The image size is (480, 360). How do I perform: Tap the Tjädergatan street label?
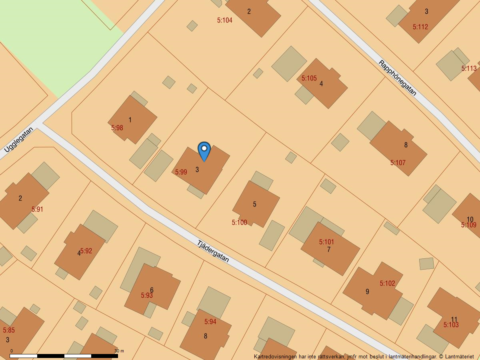coord(213,251)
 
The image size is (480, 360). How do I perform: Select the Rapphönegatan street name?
coord(398,78)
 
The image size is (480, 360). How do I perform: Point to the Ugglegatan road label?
coord(19,140)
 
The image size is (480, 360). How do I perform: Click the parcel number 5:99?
coord(181,172)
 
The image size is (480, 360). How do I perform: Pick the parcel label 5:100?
coord(239,223)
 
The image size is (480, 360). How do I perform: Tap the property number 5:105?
coord(309,78)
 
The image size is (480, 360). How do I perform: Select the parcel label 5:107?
coord(398,163)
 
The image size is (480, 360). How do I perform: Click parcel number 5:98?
coord(117,128)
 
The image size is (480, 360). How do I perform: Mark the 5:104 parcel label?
coord(224,20)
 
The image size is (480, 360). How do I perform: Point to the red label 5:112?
coord(420,27)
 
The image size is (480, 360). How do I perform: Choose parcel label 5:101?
coord(326,242)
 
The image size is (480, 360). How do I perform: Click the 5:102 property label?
coord(387,284)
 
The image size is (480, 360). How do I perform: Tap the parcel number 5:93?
coord(147,296)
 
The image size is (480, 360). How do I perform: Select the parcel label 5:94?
coord(210,322)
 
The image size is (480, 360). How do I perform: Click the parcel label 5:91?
coord(37,209)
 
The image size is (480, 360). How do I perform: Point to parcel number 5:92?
coord(86,251)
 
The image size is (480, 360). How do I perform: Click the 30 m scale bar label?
coord(119,351)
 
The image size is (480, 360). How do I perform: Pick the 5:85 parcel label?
coord(9,330)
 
